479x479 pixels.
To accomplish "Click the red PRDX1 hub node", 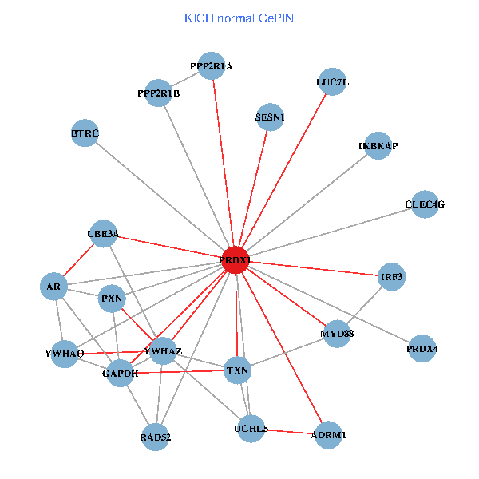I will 235,260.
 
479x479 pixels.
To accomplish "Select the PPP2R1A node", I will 212,66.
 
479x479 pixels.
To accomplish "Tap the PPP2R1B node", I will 159,93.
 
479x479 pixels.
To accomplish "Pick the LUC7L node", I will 332,82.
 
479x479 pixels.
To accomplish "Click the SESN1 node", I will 270,117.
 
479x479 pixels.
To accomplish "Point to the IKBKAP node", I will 378,146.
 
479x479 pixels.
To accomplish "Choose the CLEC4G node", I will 425,204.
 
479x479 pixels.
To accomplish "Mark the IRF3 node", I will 392,277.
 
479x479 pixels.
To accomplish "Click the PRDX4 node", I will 422,349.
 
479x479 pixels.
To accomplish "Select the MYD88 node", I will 337,333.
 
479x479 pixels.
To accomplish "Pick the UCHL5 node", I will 251,429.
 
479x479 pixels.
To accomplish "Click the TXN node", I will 237,370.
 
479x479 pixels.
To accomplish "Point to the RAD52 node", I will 156,437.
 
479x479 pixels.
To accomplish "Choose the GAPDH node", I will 120,373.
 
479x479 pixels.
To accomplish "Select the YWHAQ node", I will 65,353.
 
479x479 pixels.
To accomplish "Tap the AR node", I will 53,287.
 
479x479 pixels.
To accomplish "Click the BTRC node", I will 85,133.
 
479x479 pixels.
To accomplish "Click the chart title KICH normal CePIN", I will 239,18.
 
